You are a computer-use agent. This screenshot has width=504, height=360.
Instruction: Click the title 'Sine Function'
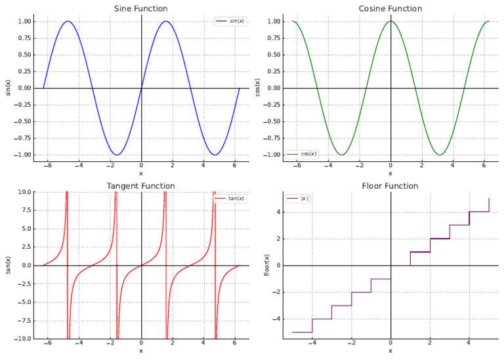tap(141, 9)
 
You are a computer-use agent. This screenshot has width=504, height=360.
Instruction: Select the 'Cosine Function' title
tap(390, 9)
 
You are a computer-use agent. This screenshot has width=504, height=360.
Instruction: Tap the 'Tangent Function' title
tap(141, 186)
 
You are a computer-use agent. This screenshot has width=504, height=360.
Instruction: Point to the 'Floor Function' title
tap(390, 186)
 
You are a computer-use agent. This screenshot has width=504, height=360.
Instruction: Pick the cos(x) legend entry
tap(303, 153)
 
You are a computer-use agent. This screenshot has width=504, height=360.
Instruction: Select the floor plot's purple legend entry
tap(299, 198)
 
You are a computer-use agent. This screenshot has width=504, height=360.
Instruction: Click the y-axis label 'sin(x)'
tap(9, 88)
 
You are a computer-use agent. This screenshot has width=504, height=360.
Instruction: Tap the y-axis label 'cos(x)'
tap(257, 88)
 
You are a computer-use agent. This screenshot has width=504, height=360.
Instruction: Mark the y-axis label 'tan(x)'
tap(9, 265)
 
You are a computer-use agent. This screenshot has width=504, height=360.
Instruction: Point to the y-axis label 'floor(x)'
tap(266, 265)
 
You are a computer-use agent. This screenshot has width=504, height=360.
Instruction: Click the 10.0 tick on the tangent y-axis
tap(23, 191)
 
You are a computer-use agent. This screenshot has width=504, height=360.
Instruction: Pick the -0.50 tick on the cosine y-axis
tap(270, 121)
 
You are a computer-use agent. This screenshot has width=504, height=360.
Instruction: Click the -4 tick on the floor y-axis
tap(278, 319)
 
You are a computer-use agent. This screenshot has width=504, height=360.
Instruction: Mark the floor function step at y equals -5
tap(302, 332)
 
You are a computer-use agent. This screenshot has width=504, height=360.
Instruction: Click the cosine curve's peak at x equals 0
tap(390, 21)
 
